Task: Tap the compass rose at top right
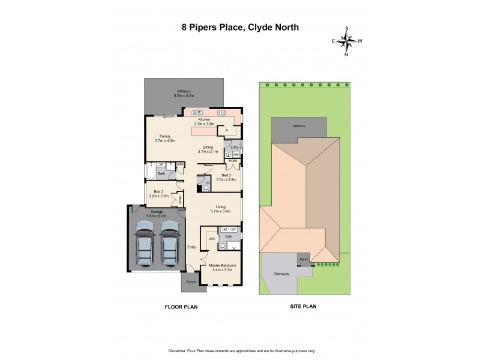(x=346, y=41)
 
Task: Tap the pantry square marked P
(x=226, y=130)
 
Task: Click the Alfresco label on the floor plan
(x=183, y=93)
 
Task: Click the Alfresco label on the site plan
(x=298, y=127)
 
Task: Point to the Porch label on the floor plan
(x=191, y=281)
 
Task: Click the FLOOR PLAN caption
(x=181, y=306)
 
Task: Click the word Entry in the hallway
(x=192, y=247)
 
